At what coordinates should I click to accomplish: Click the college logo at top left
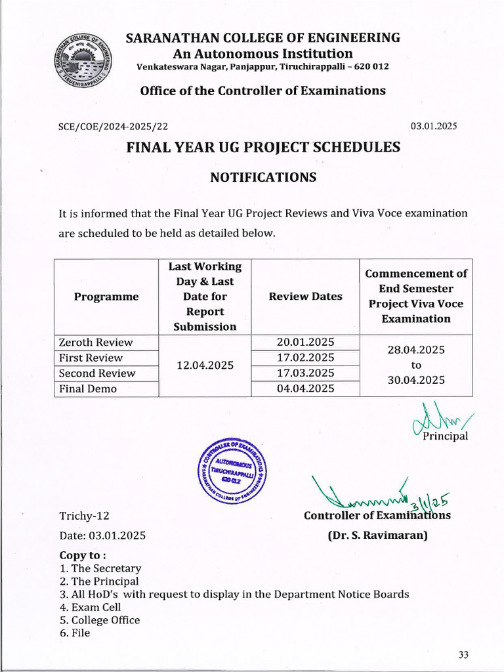coord(83,64)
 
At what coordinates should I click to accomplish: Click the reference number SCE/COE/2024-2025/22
coord(117,127)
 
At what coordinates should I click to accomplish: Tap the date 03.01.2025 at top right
coord(434,126)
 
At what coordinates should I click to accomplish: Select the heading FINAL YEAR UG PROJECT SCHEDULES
coord(262,148)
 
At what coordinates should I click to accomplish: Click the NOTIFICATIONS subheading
coord(262,177)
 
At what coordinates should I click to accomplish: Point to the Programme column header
coord(106,297)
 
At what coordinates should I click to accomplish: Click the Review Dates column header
coord(305,297)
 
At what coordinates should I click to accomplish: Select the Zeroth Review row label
coord(96,342)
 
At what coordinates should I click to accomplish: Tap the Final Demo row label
coord(88,388)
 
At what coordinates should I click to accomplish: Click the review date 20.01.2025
coord(306,342)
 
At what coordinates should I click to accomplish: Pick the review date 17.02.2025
coord(306,358)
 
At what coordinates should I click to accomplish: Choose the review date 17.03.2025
coord(306,373)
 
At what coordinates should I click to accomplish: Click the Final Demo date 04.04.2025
coord(306,388)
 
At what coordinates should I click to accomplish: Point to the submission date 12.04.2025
coord(205,366)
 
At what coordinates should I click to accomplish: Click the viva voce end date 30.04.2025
coord(416,380)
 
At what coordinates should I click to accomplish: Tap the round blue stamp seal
coord(234,469)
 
